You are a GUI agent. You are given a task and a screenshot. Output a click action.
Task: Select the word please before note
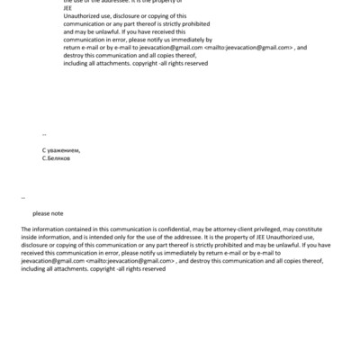coord(41,213)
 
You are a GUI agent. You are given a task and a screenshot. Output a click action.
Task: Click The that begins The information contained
coord(25,229)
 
